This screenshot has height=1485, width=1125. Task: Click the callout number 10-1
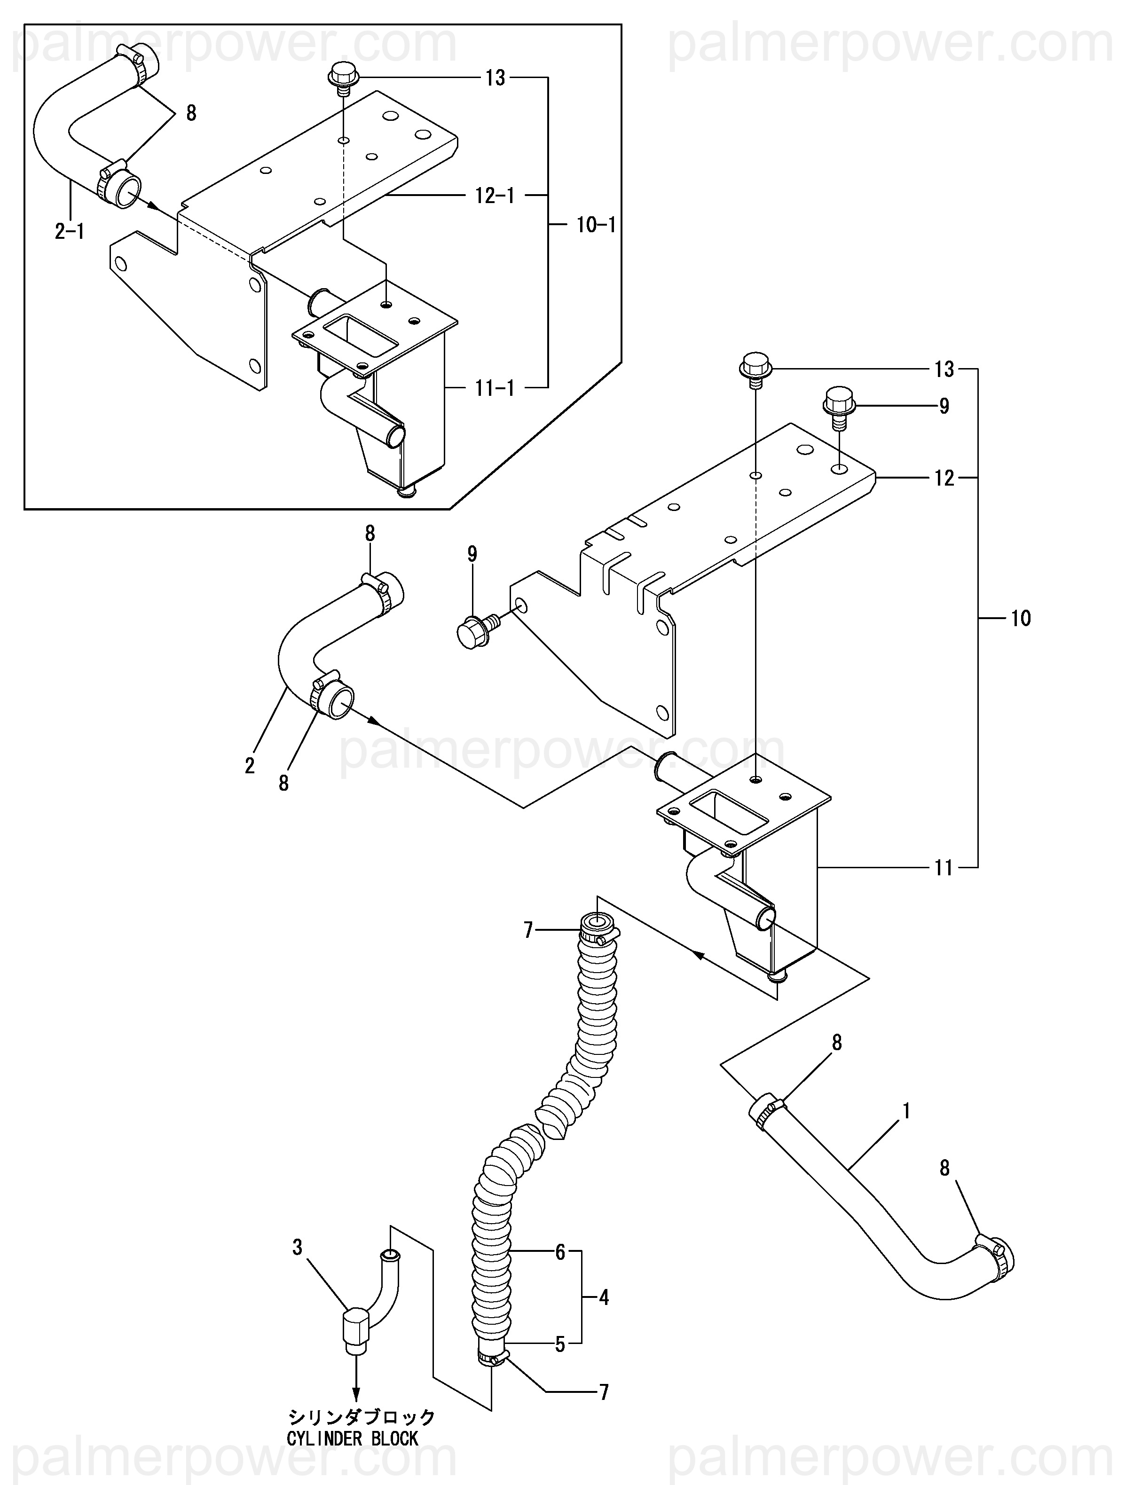point(595,224)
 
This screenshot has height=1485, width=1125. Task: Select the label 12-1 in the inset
point(495,196)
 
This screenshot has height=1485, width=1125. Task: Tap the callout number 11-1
point(495,387)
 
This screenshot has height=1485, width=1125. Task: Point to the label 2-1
point(70,232)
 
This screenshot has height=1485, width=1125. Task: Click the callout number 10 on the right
point(1020,618)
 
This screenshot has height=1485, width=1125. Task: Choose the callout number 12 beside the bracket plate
point(944,478)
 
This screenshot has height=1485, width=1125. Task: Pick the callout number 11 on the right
point(944,868)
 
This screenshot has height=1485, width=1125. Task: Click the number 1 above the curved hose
point(906,1112)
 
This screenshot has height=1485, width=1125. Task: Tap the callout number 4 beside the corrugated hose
point(604,1298)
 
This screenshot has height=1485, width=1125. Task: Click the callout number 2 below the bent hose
point(250,766)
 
